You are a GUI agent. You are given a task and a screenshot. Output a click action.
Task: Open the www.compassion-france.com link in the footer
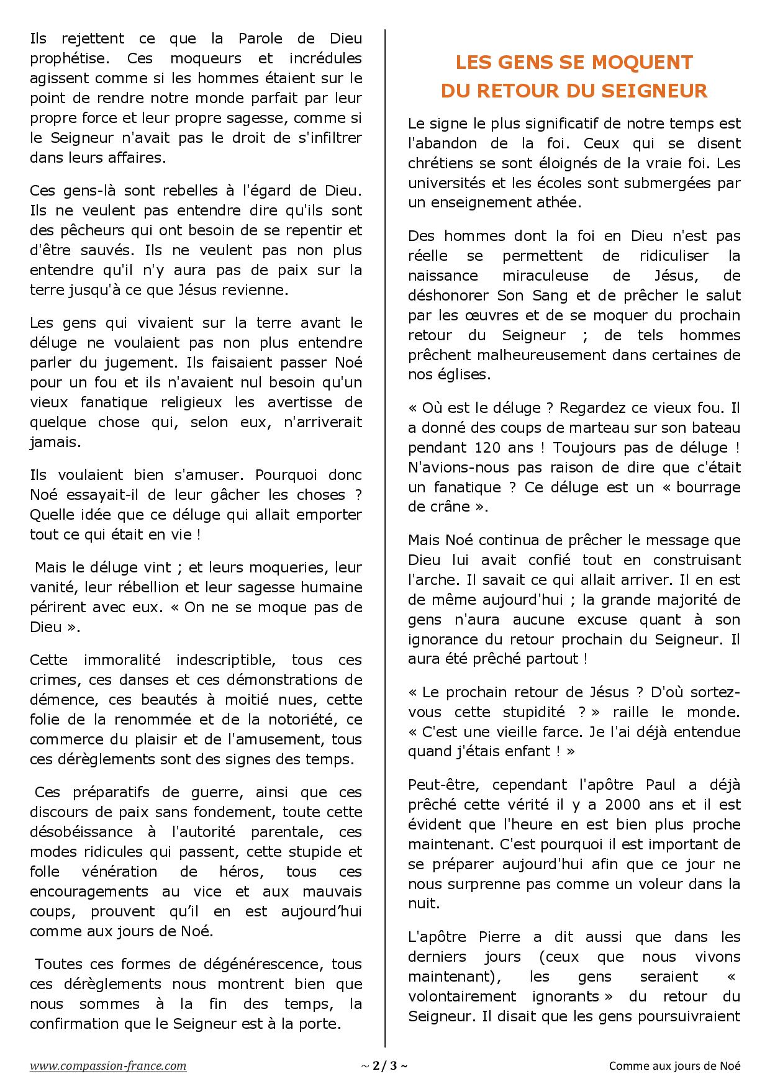click(108, 1065)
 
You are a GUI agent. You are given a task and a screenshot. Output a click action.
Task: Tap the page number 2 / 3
click(384, 1066)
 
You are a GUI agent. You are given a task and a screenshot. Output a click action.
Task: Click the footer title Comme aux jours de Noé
click(674, 1066)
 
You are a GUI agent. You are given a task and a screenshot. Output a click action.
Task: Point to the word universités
click(448, 183)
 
